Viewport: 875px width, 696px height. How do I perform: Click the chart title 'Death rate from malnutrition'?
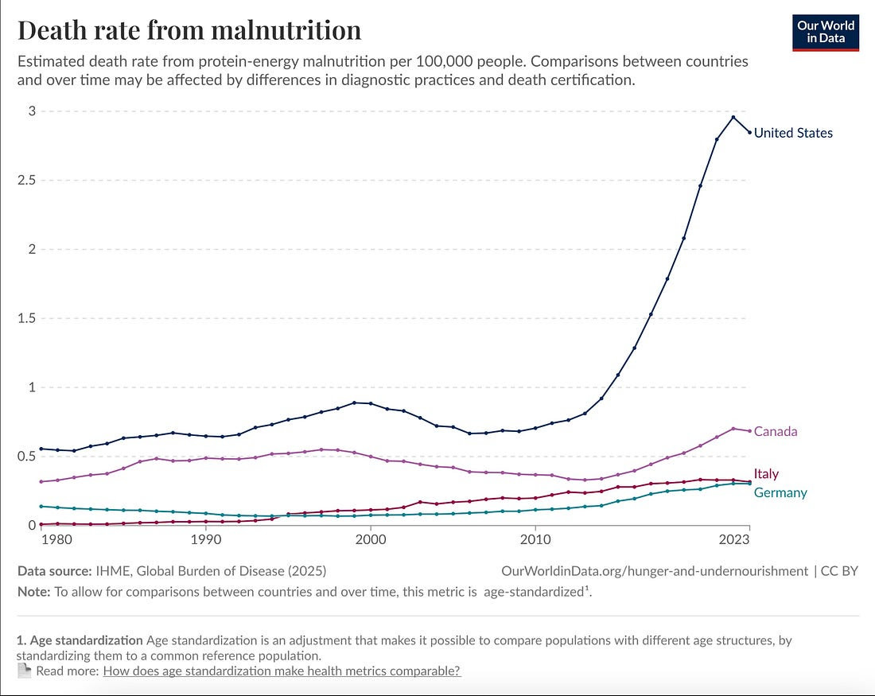point(189,30)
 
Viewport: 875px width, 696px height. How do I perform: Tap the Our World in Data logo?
point(826,32)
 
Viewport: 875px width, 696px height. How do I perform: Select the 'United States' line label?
point(793,133)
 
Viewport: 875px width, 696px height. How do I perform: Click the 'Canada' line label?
point(776,431)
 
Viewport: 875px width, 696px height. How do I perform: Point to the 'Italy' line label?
point(766,474)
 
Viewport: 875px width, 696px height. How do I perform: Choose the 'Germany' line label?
point(780,492)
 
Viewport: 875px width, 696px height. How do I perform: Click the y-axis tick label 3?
point(32,111)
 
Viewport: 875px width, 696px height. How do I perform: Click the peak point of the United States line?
point(733,117)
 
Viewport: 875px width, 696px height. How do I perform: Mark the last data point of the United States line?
point(749,132)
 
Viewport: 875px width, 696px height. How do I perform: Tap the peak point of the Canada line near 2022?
point(733,428)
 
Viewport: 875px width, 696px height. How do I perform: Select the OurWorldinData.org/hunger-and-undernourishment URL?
point(655,570)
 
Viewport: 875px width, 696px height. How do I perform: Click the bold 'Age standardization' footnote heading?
point(86,640)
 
